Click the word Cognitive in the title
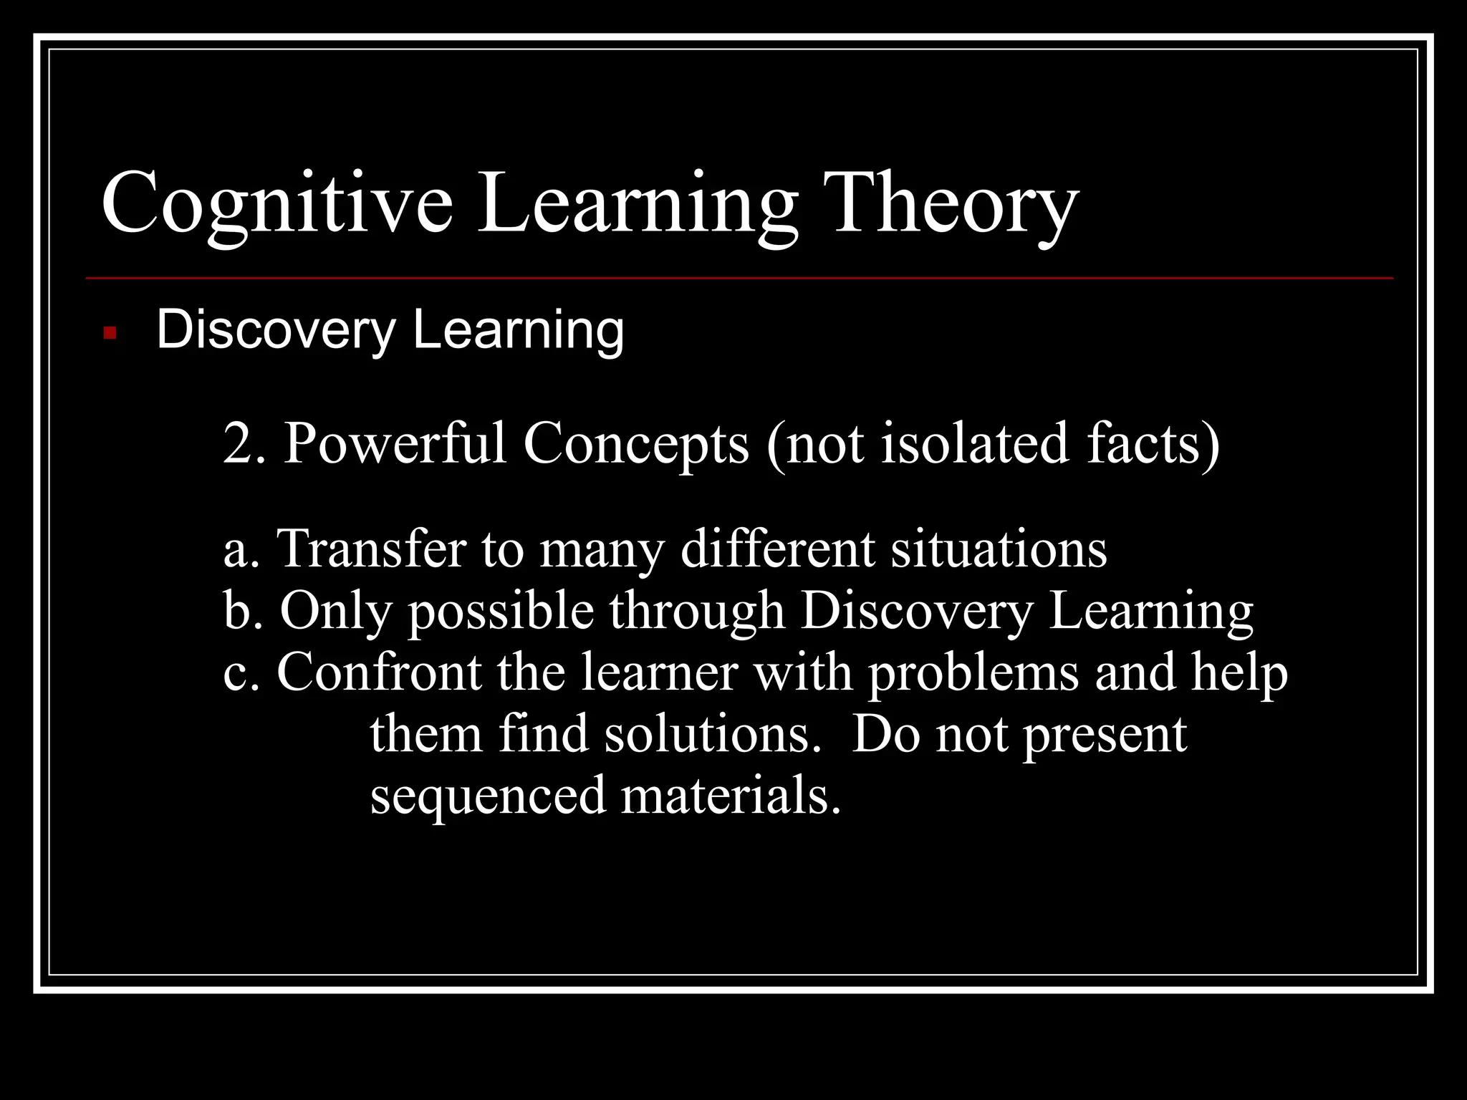(277, 204)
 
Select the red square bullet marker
(110, 333)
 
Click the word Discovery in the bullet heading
(276, 331)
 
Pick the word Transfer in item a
(371, 549)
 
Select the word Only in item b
(336, 612)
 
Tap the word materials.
(731, 796)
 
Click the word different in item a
(777, 549)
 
